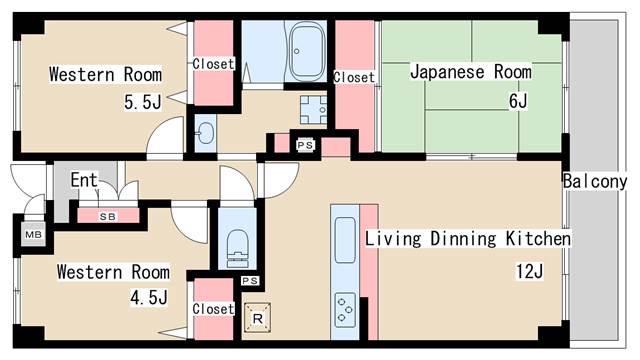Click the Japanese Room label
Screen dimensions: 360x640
click(x=471, y=72)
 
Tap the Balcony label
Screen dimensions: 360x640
click(x=594, y=181)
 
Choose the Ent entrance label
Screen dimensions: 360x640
click(x=84, y=180)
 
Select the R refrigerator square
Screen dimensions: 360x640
click(x=258, y=319)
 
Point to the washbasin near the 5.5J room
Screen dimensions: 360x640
click(x=205, y=134)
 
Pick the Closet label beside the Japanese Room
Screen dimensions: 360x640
click(x=354, y=77)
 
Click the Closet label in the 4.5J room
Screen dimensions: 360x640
click(x=213, y=309)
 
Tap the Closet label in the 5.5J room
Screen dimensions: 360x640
click(x=213, y=64)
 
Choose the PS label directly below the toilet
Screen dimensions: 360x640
click(x=250, y=281)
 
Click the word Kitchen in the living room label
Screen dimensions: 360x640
click(x=537, y=240)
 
